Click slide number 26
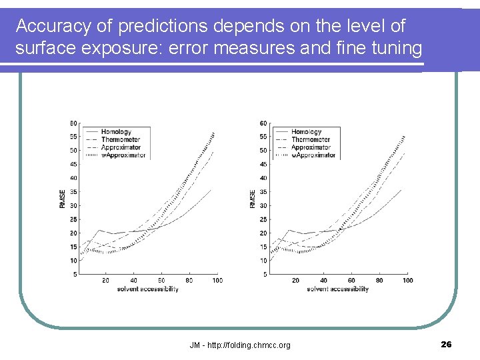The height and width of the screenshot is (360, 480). pos(446,344)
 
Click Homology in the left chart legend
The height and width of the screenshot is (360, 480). pos(117,132)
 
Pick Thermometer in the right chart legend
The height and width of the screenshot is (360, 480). pos(311,140)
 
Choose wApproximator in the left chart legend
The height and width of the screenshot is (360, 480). pos(123,155)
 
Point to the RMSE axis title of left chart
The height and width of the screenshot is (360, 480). pos(63,198)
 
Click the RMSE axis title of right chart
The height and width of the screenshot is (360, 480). pos(253,198)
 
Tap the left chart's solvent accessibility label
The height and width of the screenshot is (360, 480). pos(147,289)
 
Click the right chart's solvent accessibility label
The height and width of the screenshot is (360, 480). pos(337,289)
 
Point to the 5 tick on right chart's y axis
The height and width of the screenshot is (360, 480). pos(265,274)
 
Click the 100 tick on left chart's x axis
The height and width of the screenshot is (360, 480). pos(217,280)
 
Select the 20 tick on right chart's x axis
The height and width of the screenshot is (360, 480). pos(295,280)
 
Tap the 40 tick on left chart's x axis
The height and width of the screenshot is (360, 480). pos(133,280)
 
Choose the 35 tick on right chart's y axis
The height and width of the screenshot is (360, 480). pos(263,192)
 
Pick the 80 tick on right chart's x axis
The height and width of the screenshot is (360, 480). pos(379,280)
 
